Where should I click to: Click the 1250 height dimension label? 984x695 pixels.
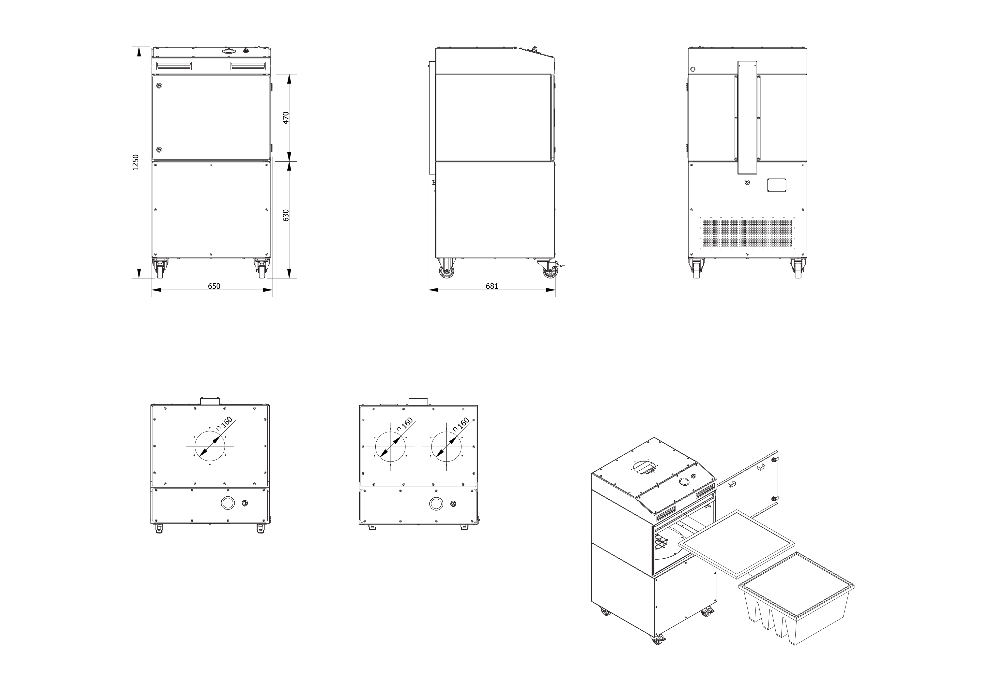136,163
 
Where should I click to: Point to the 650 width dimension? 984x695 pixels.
214,286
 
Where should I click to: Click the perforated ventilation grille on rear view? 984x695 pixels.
747,233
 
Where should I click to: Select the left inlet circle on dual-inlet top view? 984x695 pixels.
390,447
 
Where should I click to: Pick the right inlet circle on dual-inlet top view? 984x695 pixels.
446,447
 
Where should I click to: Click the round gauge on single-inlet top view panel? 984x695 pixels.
228,504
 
